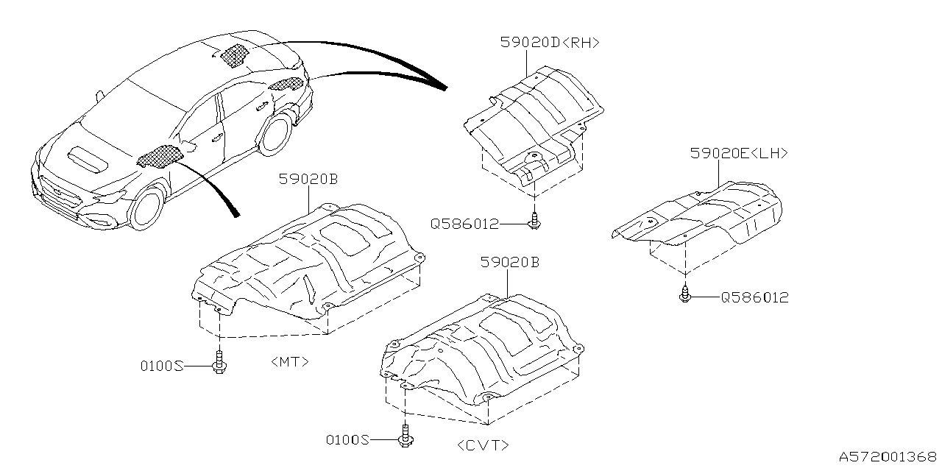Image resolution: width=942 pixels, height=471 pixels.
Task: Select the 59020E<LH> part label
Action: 739,153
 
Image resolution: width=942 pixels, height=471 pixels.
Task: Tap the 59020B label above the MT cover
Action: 308,179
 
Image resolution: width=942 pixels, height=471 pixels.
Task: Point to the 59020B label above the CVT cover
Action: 510,261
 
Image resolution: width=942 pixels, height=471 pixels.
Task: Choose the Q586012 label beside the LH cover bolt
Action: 754,297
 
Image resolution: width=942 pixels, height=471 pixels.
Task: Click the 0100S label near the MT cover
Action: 162,365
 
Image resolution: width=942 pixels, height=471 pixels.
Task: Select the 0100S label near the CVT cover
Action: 347,440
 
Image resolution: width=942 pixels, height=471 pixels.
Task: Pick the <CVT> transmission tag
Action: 483,445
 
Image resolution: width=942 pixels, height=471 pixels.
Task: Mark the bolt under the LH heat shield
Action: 685,295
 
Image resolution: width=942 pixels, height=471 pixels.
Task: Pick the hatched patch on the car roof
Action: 233,55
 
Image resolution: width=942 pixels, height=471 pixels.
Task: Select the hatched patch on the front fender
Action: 160,156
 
